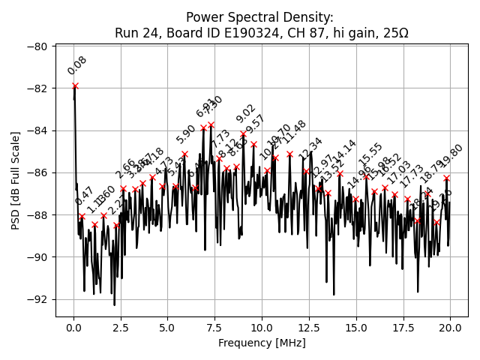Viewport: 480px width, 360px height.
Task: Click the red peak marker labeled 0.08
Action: click(75, 86)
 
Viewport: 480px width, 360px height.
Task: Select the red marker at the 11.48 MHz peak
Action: click(289, 154)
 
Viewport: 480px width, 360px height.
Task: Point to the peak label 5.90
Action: click(186, 133)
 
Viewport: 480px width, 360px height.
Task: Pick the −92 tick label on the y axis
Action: click(37, 299)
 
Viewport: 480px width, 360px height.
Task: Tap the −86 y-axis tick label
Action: click(37, 172)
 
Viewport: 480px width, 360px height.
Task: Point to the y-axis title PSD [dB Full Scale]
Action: click(15, 180)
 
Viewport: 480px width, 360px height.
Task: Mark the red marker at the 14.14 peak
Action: click(340, 174)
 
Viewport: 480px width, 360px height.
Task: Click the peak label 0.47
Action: click(84, 196)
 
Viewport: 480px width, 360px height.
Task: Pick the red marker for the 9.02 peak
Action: click(243, 133)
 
